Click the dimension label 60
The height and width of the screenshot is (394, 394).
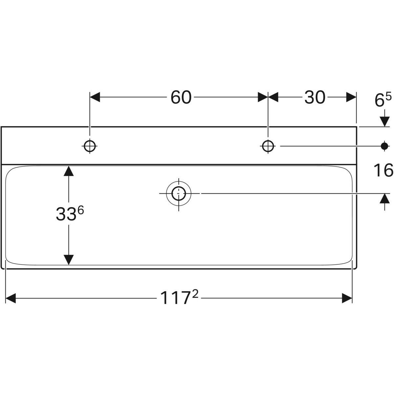point(181,97)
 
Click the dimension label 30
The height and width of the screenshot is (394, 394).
point(315,97)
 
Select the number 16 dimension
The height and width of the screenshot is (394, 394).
point(383,170)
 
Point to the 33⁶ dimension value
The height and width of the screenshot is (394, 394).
point(70,213)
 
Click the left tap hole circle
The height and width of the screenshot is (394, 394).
point(90,146)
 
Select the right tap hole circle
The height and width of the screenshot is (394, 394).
point(268,146)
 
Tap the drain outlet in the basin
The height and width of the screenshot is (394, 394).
point(179,193)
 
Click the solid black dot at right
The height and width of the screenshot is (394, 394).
point(384,146)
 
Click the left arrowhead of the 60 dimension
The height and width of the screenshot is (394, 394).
point(95,97)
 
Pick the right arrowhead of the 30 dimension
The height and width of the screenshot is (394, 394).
point(351,97)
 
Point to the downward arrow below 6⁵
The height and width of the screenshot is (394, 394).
point(384,119)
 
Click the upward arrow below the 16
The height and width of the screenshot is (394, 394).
point(384,202)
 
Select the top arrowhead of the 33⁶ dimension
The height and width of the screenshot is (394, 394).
point(69,171)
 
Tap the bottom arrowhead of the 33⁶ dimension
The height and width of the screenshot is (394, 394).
point(69,260)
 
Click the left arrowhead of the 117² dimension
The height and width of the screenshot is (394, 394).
point(11,298)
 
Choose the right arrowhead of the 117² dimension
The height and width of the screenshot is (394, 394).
point(347,298)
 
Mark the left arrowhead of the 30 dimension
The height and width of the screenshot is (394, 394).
point(273,97)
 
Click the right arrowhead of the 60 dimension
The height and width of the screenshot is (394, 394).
point(263,97)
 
